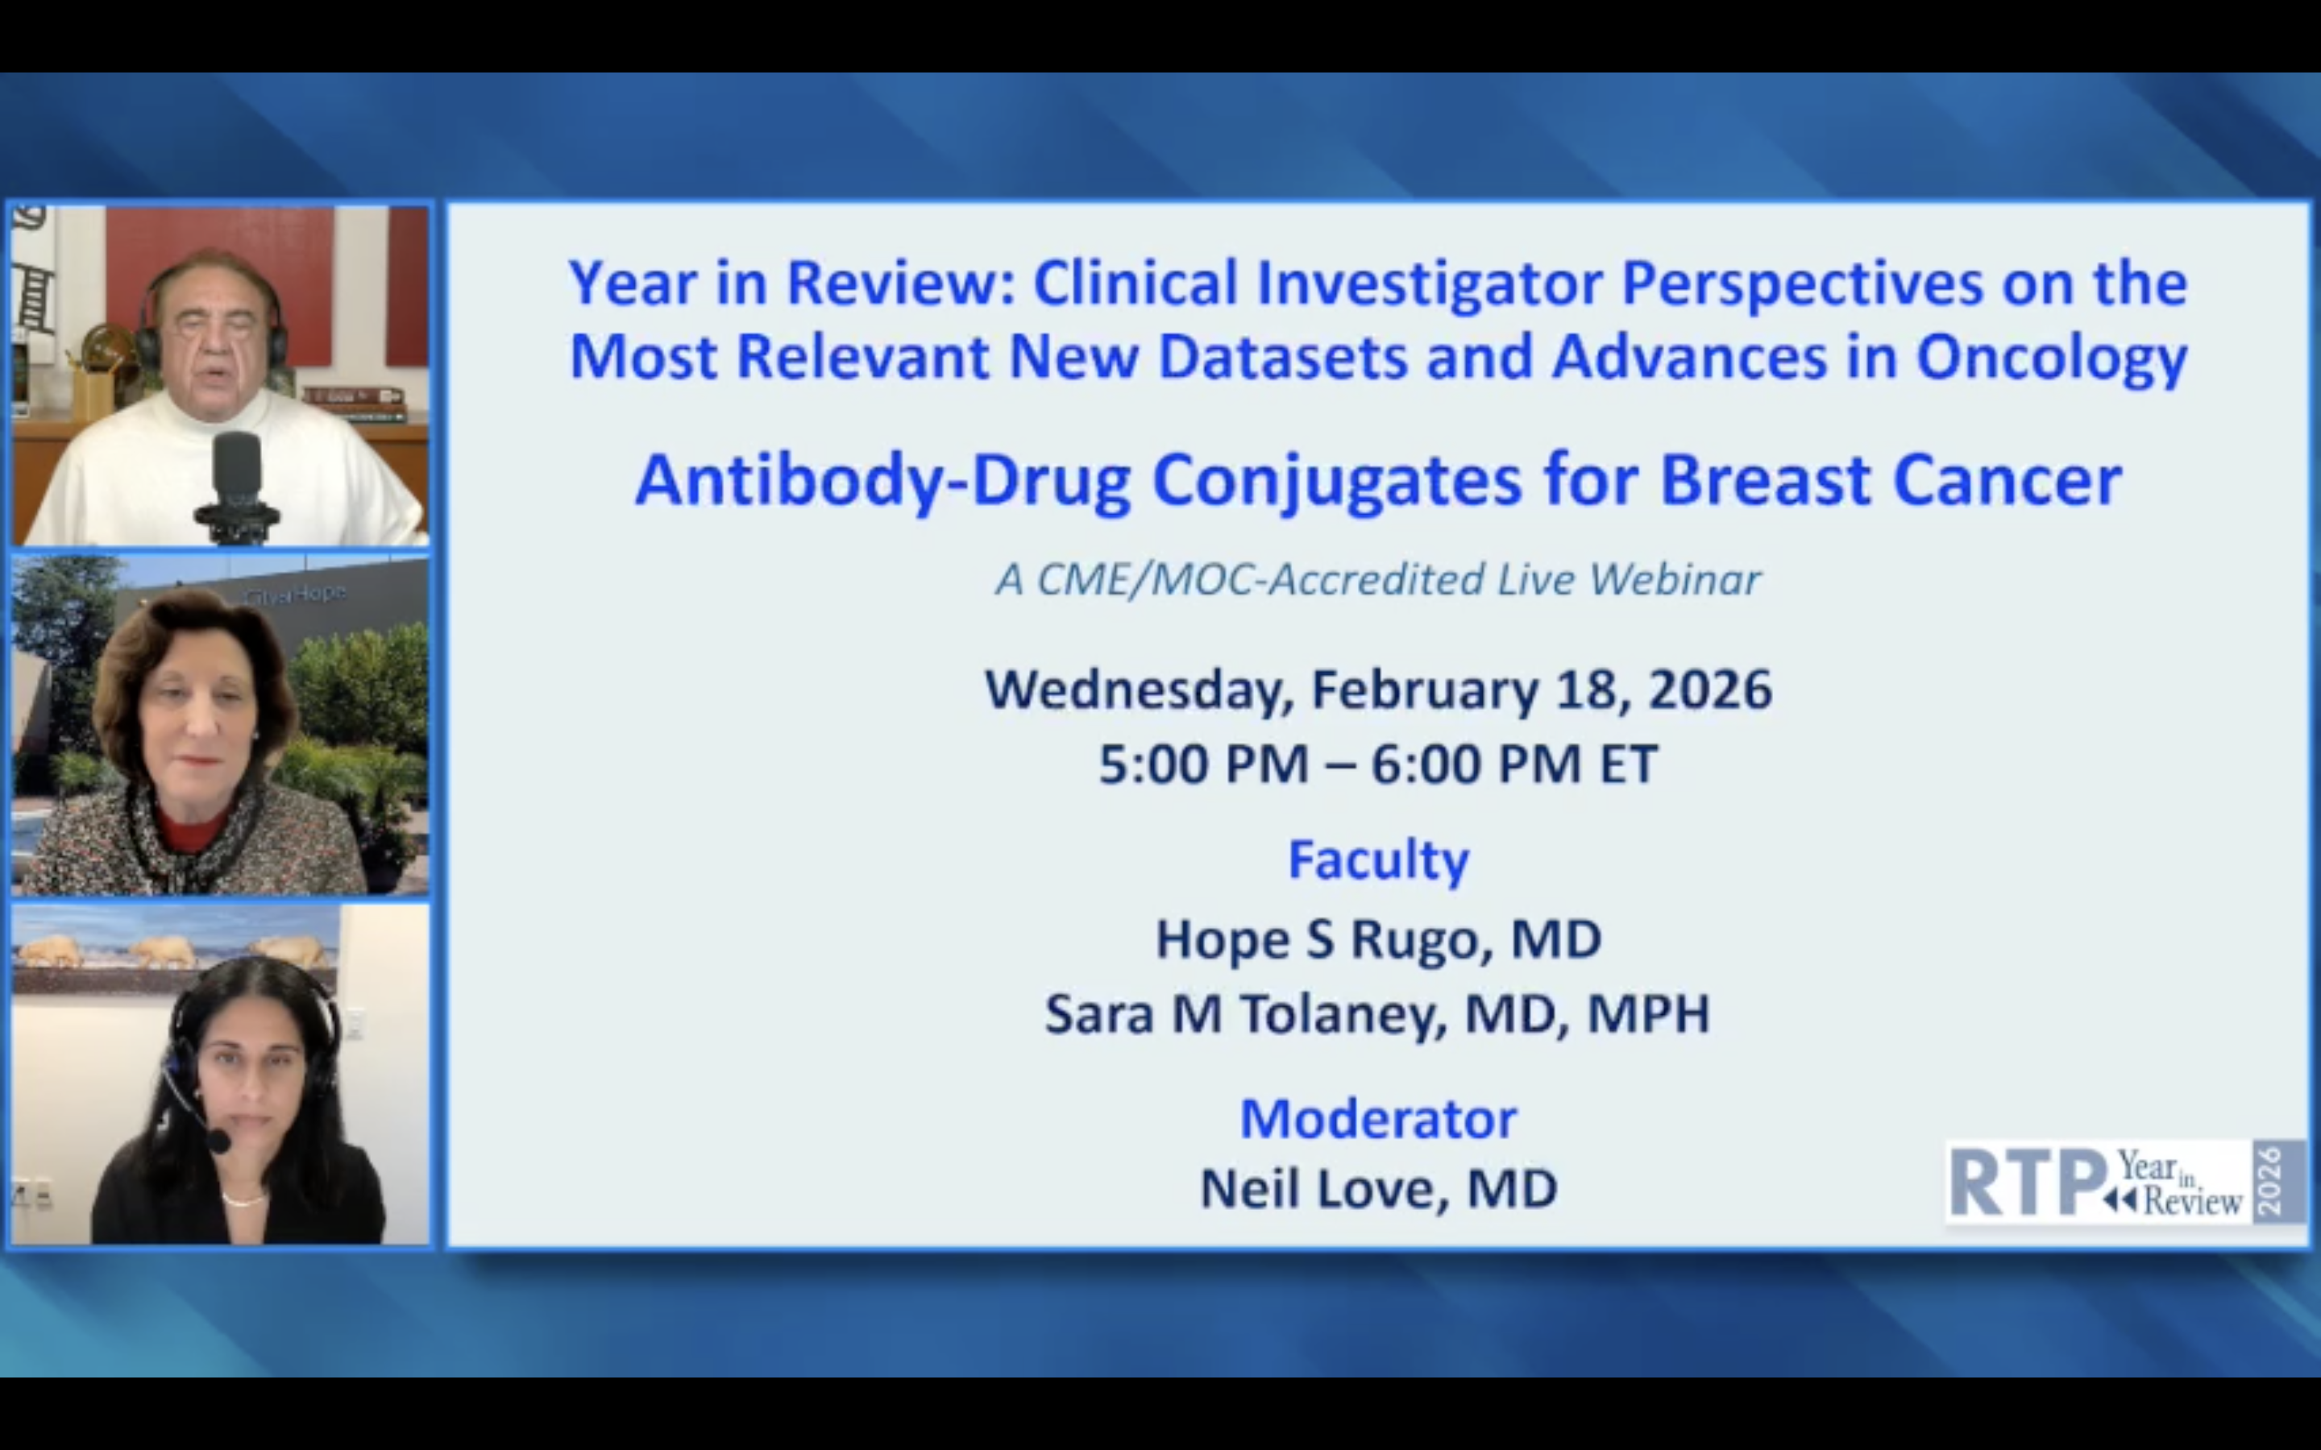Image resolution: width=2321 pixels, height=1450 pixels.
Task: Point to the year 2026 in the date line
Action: (x=1710, y=690)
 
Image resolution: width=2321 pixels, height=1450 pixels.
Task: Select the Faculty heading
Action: (x=1378, y=861)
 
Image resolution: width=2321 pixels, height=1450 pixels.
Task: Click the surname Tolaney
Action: (x=1343, y=1016)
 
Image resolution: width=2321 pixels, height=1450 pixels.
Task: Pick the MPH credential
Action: (x=1649, y=1015)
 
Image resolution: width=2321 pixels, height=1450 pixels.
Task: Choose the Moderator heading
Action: (x=1378, y=1119)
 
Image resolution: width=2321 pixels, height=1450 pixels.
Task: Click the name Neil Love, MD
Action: (x=1378, y=1190)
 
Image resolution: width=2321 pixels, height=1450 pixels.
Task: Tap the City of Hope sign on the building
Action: (x=293, y=594)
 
